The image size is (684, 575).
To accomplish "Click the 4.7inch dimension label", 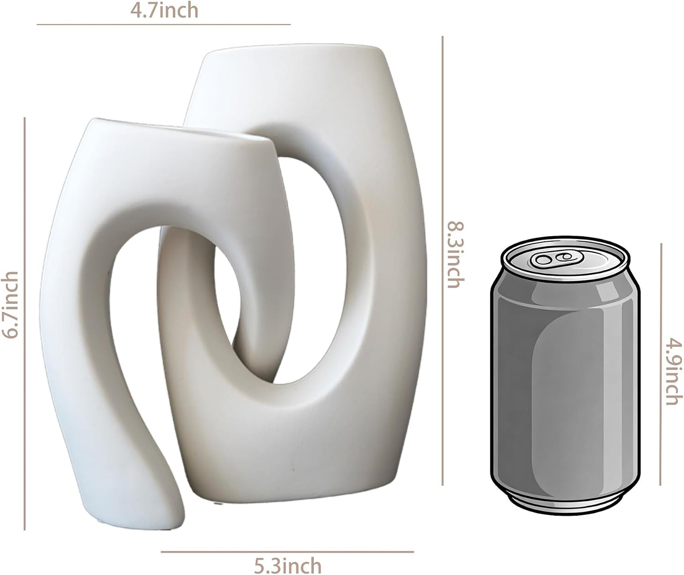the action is [164, 10].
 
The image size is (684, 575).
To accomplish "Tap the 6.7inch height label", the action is [10, 304].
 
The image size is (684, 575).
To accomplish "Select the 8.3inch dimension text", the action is [456, 255].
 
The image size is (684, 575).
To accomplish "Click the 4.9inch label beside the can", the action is [674, 372].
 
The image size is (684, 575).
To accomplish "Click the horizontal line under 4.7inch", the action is [163, 24].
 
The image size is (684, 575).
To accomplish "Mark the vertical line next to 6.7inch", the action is [25, 324].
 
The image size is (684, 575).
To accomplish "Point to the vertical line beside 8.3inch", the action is [442, 261].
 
